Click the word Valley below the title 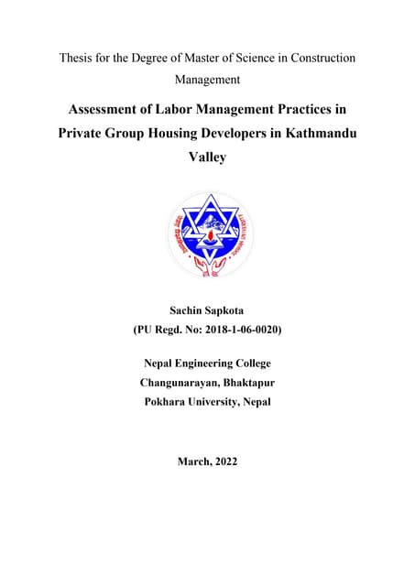click(207, 157)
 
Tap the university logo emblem click(207, 233)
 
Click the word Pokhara click(166, 401)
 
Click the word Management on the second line click(207, 81)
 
